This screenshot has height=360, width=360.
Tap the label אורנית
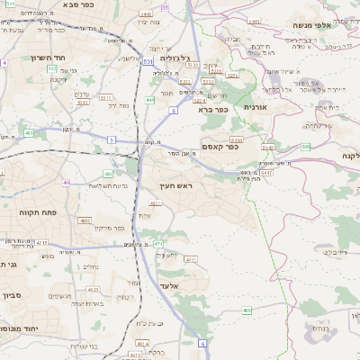coord(256,107)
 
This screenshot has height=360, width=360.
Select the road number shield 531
coord(147,61)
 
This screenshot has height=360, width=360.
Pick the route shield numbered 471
coord(132,244)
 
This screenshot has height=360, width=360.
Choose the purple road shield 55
coord(165,6)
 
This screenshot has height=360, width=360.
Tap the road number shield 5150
coord(236,140)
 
